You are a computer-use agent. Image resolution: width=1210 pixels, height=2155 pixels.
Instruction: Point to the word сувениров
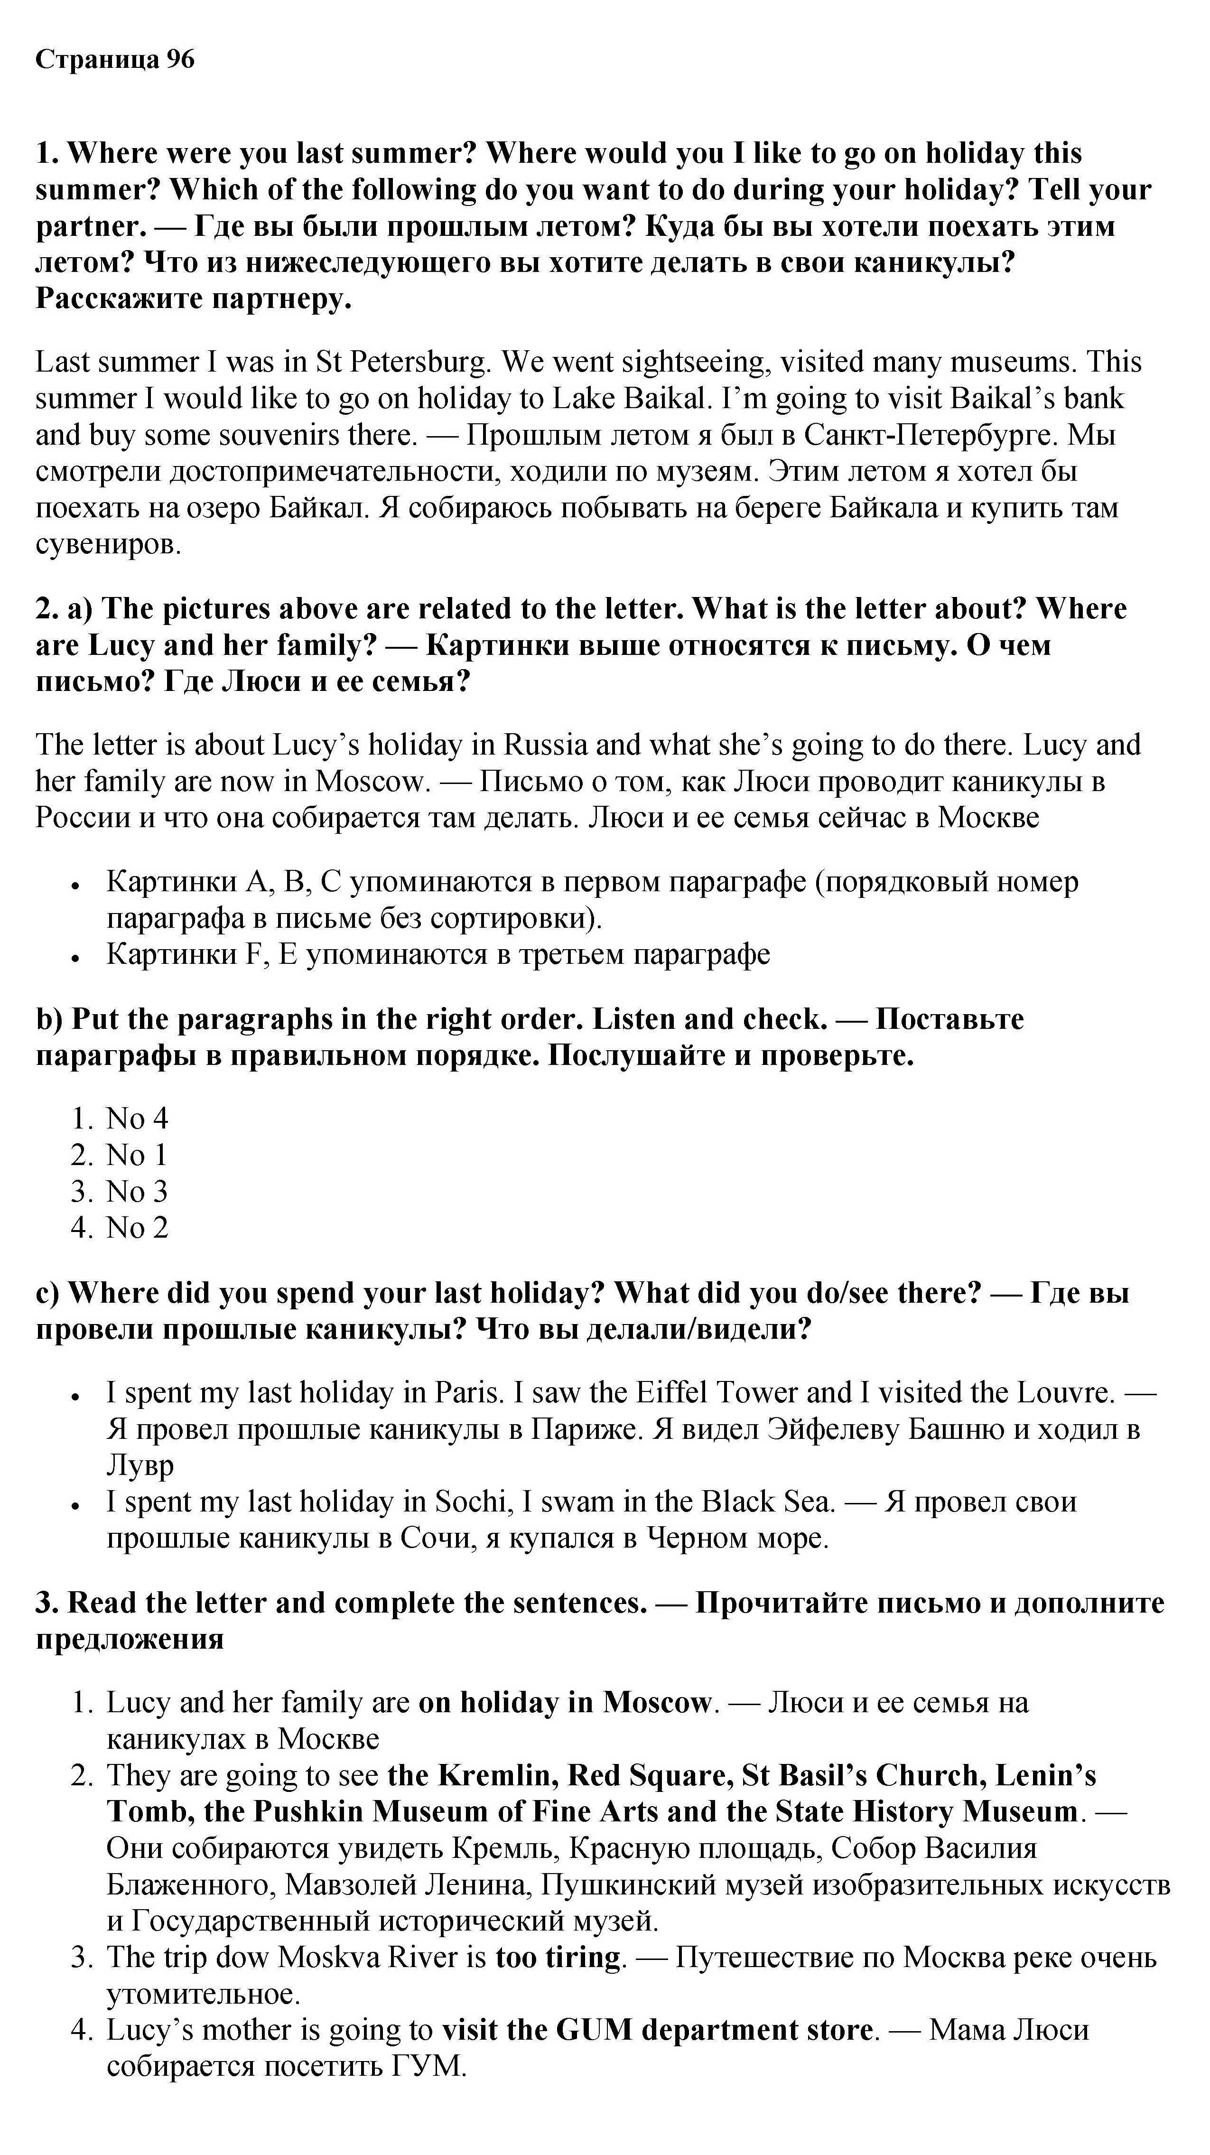108,545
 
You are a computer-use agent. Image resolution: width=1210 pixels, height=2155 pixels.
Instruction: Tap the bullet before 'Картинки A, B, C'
75,884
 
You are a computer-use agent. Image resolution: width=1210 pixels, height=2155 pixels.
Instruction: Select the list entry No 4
136,1119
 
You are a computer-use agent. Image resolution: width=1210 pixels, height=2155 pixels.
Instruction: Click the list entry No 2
136,1228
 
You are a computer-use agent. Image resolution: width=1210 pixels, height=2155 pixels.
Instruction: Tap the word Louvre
1064,1393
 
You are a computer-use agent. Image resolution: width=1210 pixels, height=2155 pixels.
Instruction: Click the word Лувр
140,1465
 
